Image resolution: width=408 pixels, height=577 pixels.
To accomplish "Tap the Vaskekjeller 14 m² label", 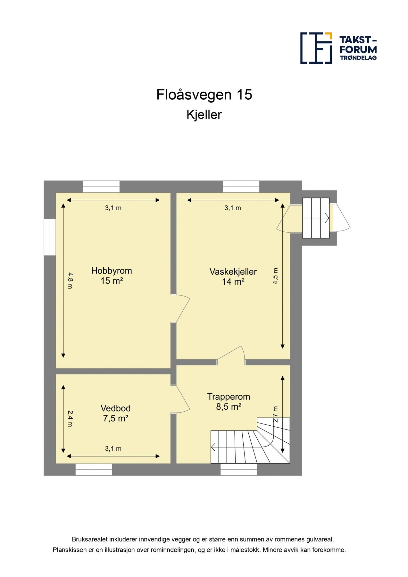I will click(x=233, y=276).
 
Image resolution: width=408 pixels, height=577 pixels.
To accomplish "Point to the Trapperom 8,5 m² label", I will click(x=229, y=401).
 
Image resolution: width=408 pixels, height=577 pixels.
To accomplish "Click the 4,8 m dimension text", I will click(x=70, y=280).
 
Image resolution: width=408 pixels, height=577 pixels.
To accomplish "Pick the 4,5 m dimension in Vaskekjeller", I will click(x=276, y=276).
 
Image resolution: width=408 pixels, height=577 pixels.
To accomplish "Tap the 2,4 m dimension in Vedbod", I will click(x=70, y=419).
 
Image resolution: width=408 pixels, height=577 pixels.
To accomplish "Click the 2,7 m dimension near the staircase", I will click(x=276, y=414).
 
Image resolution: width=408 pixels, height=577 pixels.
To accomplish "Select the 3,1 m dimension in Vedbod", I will click(x=113, y=448).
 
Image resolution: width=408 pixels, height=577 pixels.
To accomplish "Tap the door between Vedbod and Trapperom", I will click(x=181, y=399).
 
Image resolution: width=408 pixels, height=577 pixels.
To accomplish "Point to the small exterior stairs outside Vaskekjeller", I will click(x=316, y=218).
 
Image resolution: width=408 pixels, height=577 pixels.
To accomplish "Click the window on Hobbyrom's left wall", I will click(x=50, y=237).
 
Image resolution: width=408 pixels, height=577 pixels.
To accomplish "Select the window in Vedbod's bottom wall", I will click(x=94, y=470).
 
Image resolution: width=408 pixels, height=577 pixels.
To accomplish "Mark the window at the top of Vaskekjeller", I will click(x=241, y=187).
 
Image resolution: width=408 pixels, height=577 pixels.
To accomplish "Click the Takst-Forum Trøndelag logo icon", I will click(x=316, y=48).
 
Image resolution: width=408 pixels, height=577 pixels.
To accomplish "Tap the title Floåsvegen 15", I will click(x=204, y=95).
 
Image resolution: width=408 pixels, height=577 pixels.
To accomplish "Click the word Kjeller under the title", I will click(x=204, y=115).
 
